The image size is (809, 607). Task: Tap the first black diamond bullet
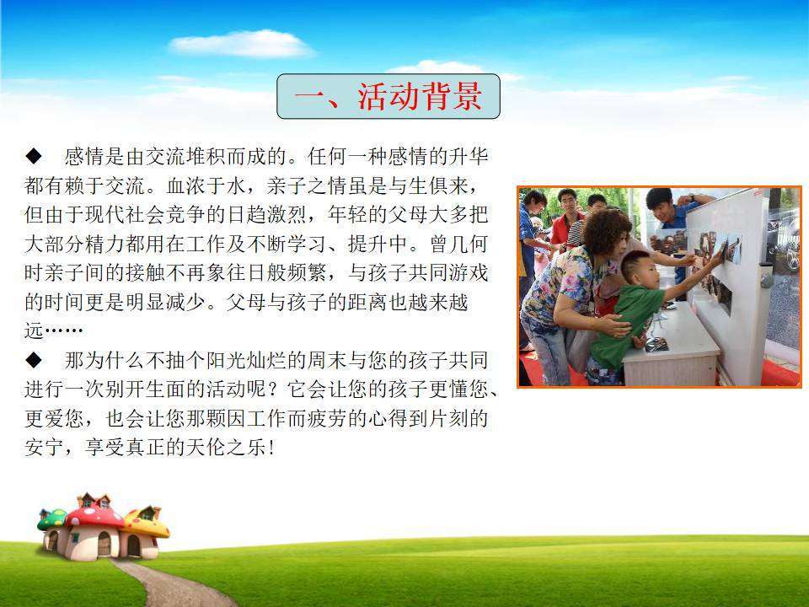pyautogui.click(x=34, y=156)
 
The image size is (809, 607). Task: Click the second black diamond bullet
pyautogui.click(x=34, y=360)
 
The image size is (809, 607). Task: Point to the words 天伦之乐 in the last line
pyautogui.click(x=226, y=448)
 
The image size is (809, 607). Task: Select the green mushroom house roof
pyautogui.click(x=52, y=519)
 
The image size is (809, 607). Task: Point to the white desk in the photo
pyautogui.click(x=671, y=346)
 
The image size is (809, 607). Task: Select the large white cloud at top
pyautogui.click(x=242, y=44)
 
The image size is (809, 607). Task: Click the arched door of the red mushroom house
pyautogui.click(x=104, y=544)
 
